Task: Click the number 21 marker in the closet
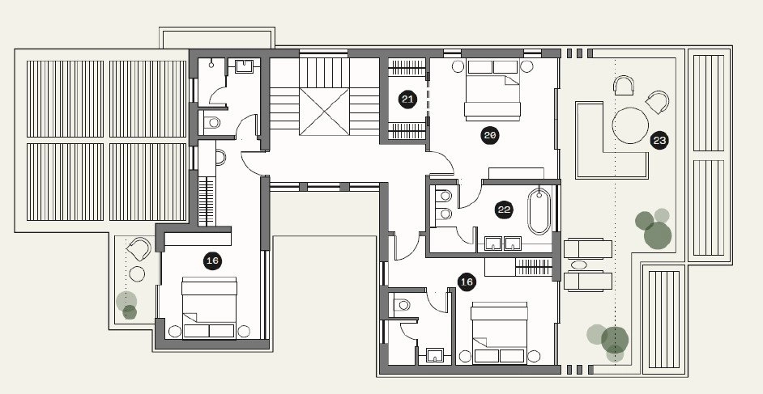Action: [407, 100]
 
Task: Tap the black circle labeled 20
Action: [489, 136]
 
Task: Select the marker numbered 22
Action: [504, 210]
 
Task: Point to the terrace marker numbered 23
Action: [659, 141]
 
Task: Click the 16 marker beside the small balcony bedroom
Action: [212, 261]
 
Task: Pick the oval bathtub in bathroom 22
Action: [539, 212]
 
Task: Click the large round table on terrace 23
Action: [630, 125]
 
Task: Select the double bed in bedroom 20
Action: [492, 91]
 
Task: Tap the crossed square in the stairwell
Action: [324, 112]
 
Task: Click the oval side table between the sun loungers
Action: [578, 265]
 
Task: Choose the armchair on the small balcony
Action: [139, 248]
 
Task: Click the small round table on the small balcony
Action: [137, 274]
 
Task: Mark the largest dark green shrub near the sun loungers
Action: [658, 235]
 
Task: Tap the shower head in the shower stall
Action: [212, 64]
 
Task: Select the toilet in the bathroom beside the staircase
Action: [211, 122]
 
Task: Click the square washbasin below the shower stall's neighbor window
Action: [244, 66]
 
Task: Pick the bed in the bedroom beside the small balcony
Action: [209, 308]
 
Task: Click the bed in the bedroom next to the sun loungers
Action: [499, 333]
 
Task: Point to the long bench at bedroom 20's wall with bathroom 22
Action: [516, 173]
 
